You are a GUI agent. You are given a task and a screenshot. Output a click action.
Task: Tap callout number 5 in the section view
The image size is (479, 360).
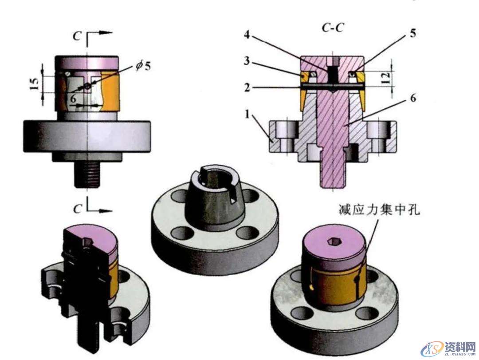[413, 34]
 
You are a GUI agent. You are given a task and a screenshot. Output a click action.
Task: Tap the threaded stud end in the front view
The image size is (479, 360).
[88, 175]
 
